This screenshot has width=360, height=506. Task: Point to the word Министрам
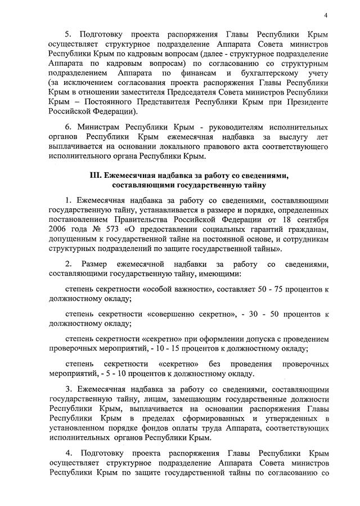98,128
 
